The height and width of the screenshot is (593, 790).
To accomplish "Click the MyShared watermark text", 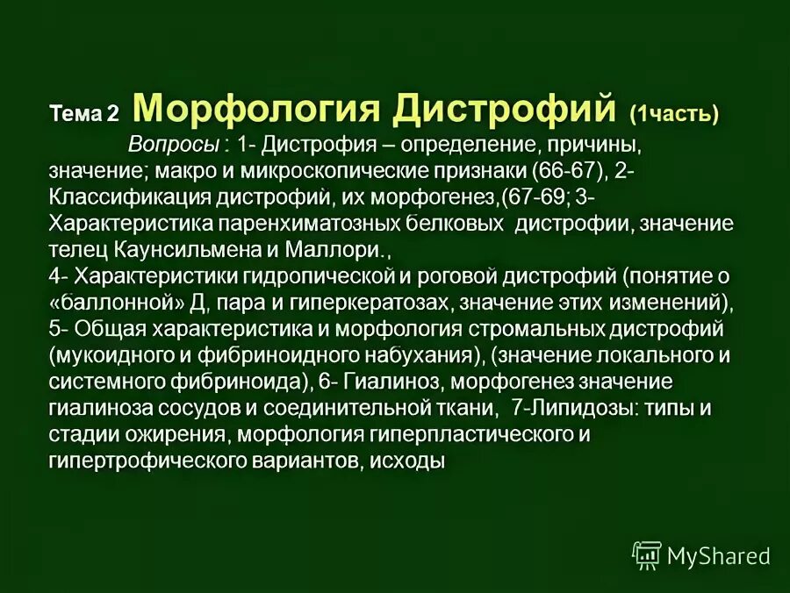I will click(x=718, y=555).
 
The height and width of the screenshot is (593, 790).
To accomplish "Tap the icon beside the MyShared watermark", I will click(x=647, y=555).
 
